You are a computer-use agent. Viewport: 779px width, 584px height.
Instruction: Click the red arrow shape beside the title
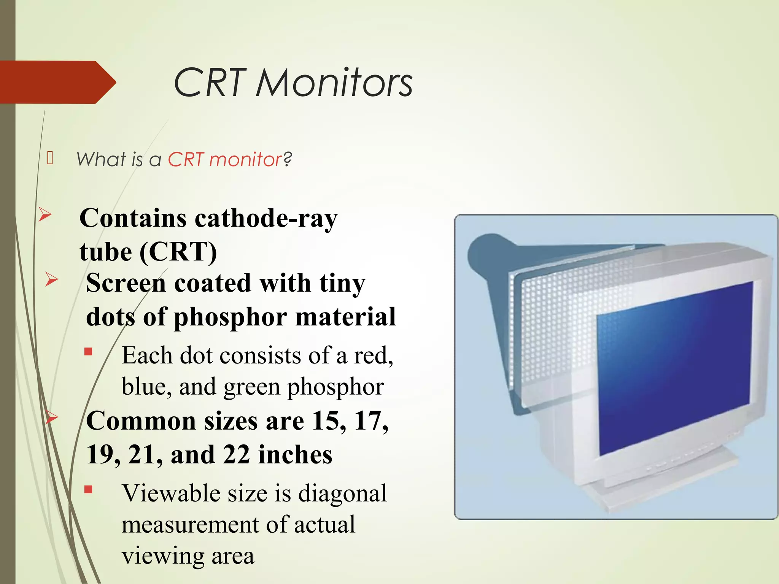click(57, 82)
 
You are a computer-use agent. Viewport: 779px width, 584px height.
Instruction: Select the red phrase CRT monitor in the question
click(224, 159)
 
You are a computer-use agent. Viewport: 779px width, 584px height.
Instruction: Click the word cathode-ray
click(266, 219)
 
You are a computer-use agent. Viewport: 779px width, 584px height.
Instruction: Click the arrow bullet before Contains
click(45, 215)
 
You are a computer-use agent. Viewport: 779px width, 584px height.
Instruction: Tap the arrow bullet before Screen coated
click(51, 279)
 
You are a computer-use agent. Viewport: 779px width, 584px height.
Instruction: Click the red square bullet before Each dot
click(89, 352)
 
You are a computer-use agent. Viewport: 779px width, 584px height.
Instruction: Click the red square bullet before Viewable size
click(89, 489)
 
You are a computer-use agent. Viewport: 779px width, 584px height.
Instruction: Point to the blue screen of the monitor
click(673, 369)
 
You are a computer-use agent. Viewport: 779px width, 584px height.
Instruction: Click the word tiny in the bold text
click(342, 284)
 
